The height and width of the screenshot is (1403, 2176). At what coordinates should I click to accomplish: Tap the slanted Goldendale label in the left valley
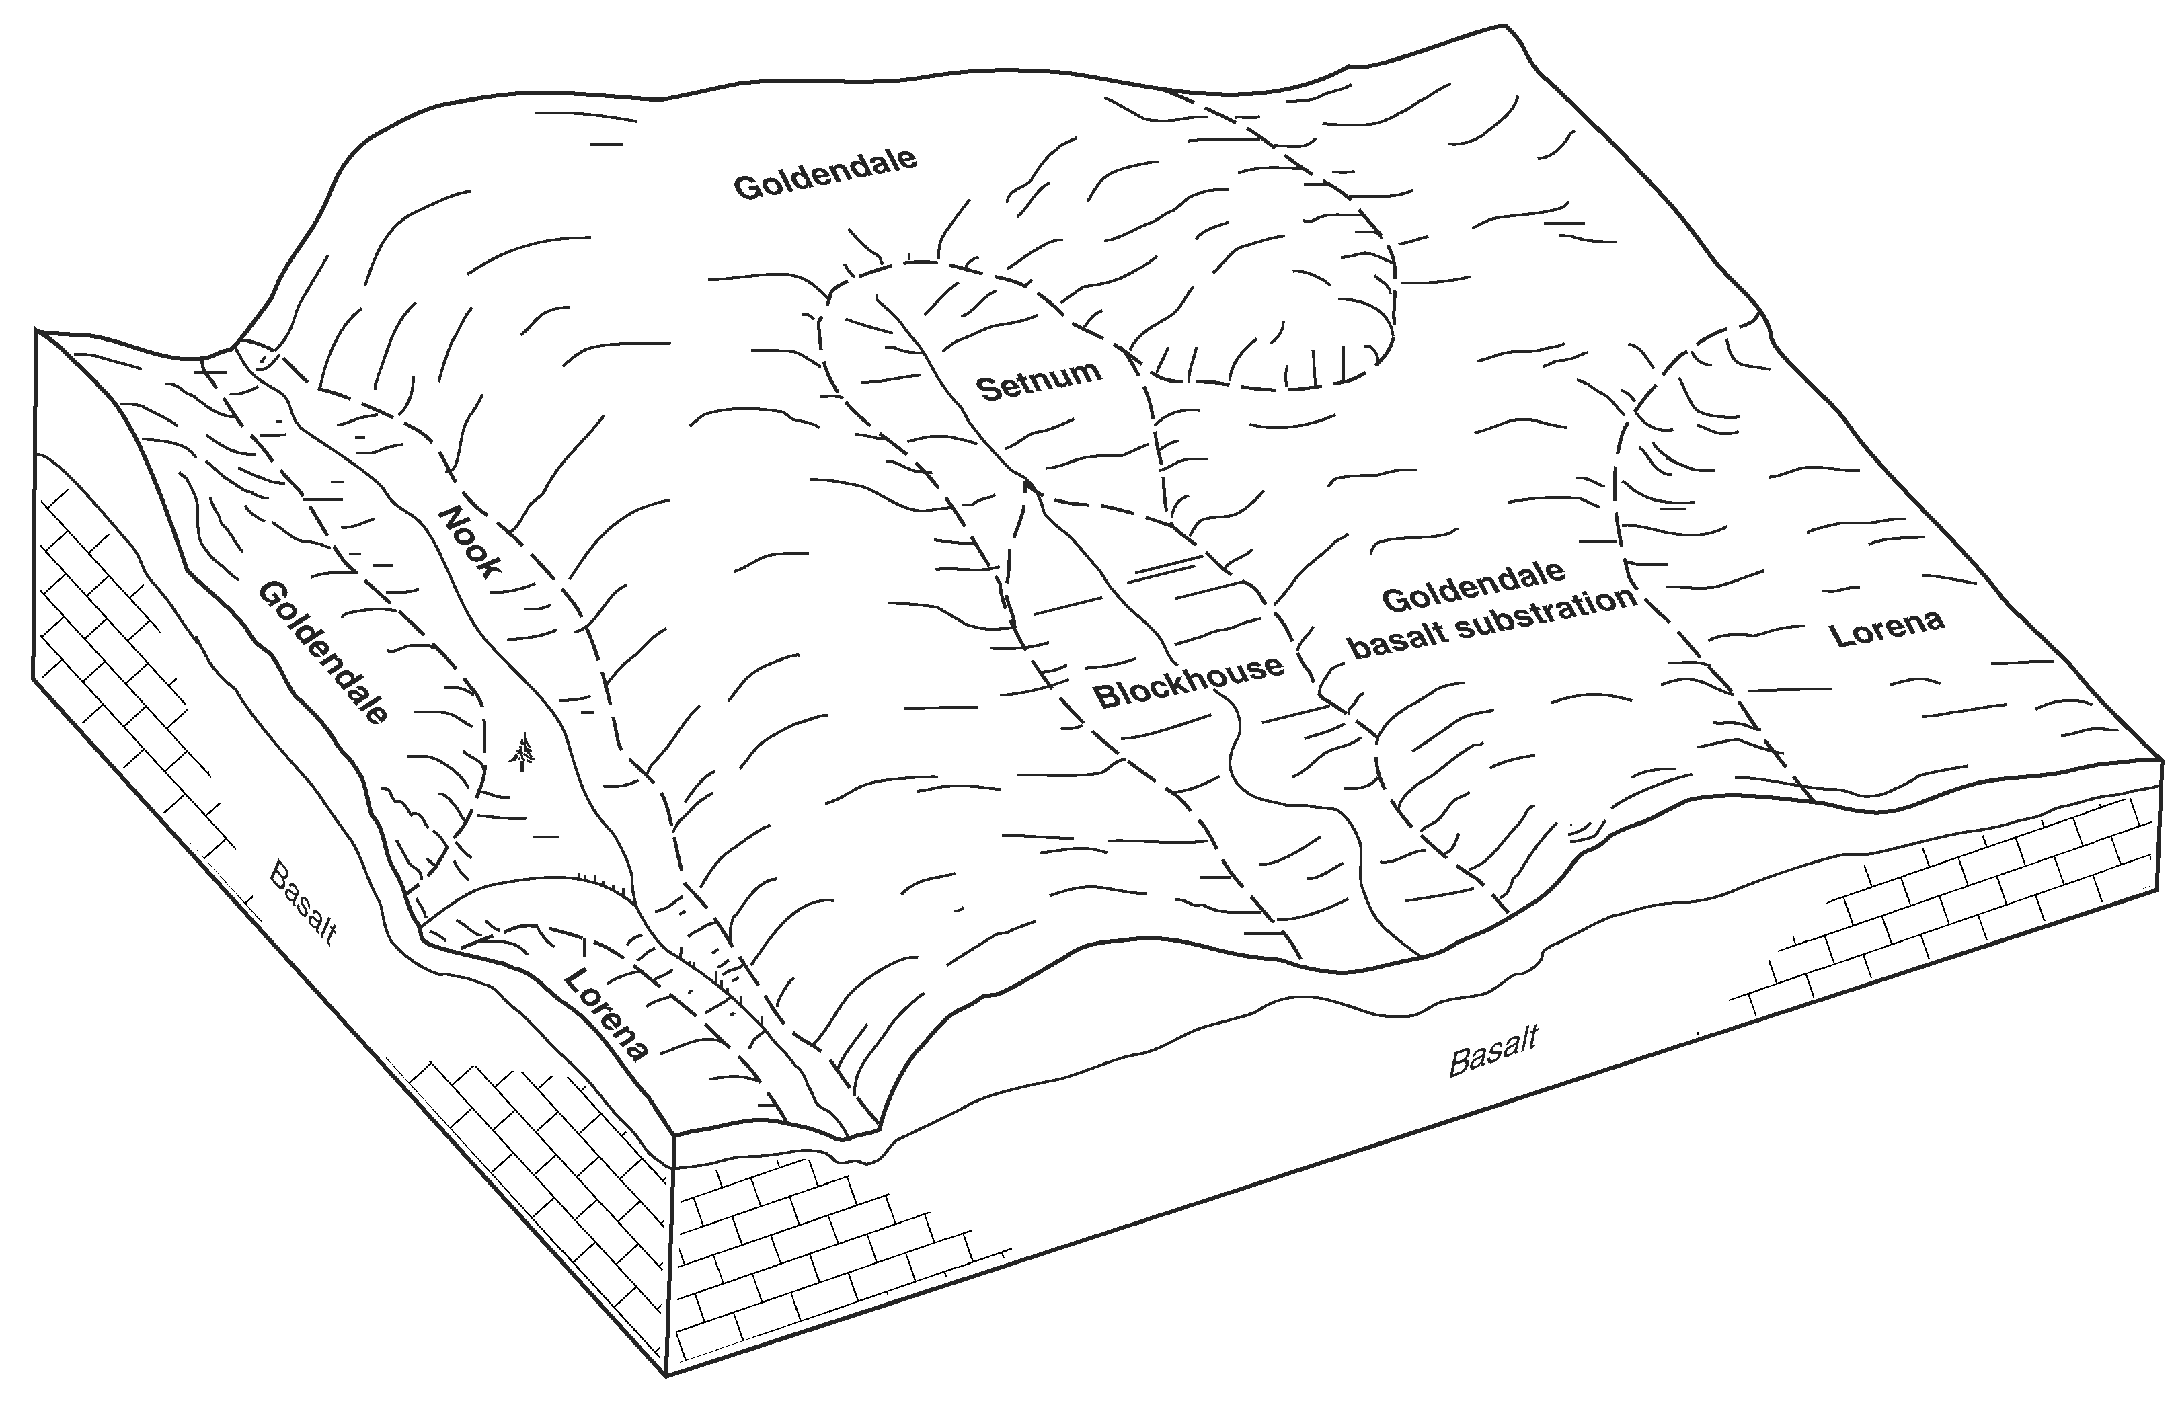coord(323,652)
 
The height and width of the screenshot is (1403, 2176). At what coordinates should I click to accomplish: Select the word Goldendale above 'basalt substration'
coord(1473,585)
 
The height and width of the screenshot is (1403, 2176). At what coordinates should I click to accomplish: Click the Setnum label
coord(1039,380)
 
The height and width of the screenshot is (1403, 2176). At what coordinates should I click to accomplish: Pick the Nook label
coord(470,542)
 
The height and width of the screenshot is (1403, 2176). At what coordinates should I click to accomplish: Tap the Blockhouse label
coord(1188,682)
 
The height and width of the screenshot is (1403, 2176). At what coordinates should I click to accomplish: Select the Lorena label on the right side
coord(1888,628)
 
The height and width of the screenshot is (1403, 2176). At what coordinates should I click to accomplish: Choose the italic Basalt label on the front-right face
coord(1493,1051)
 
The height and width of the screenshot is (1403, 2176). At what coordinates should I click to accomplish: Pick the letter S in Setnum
coord(988,390)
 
